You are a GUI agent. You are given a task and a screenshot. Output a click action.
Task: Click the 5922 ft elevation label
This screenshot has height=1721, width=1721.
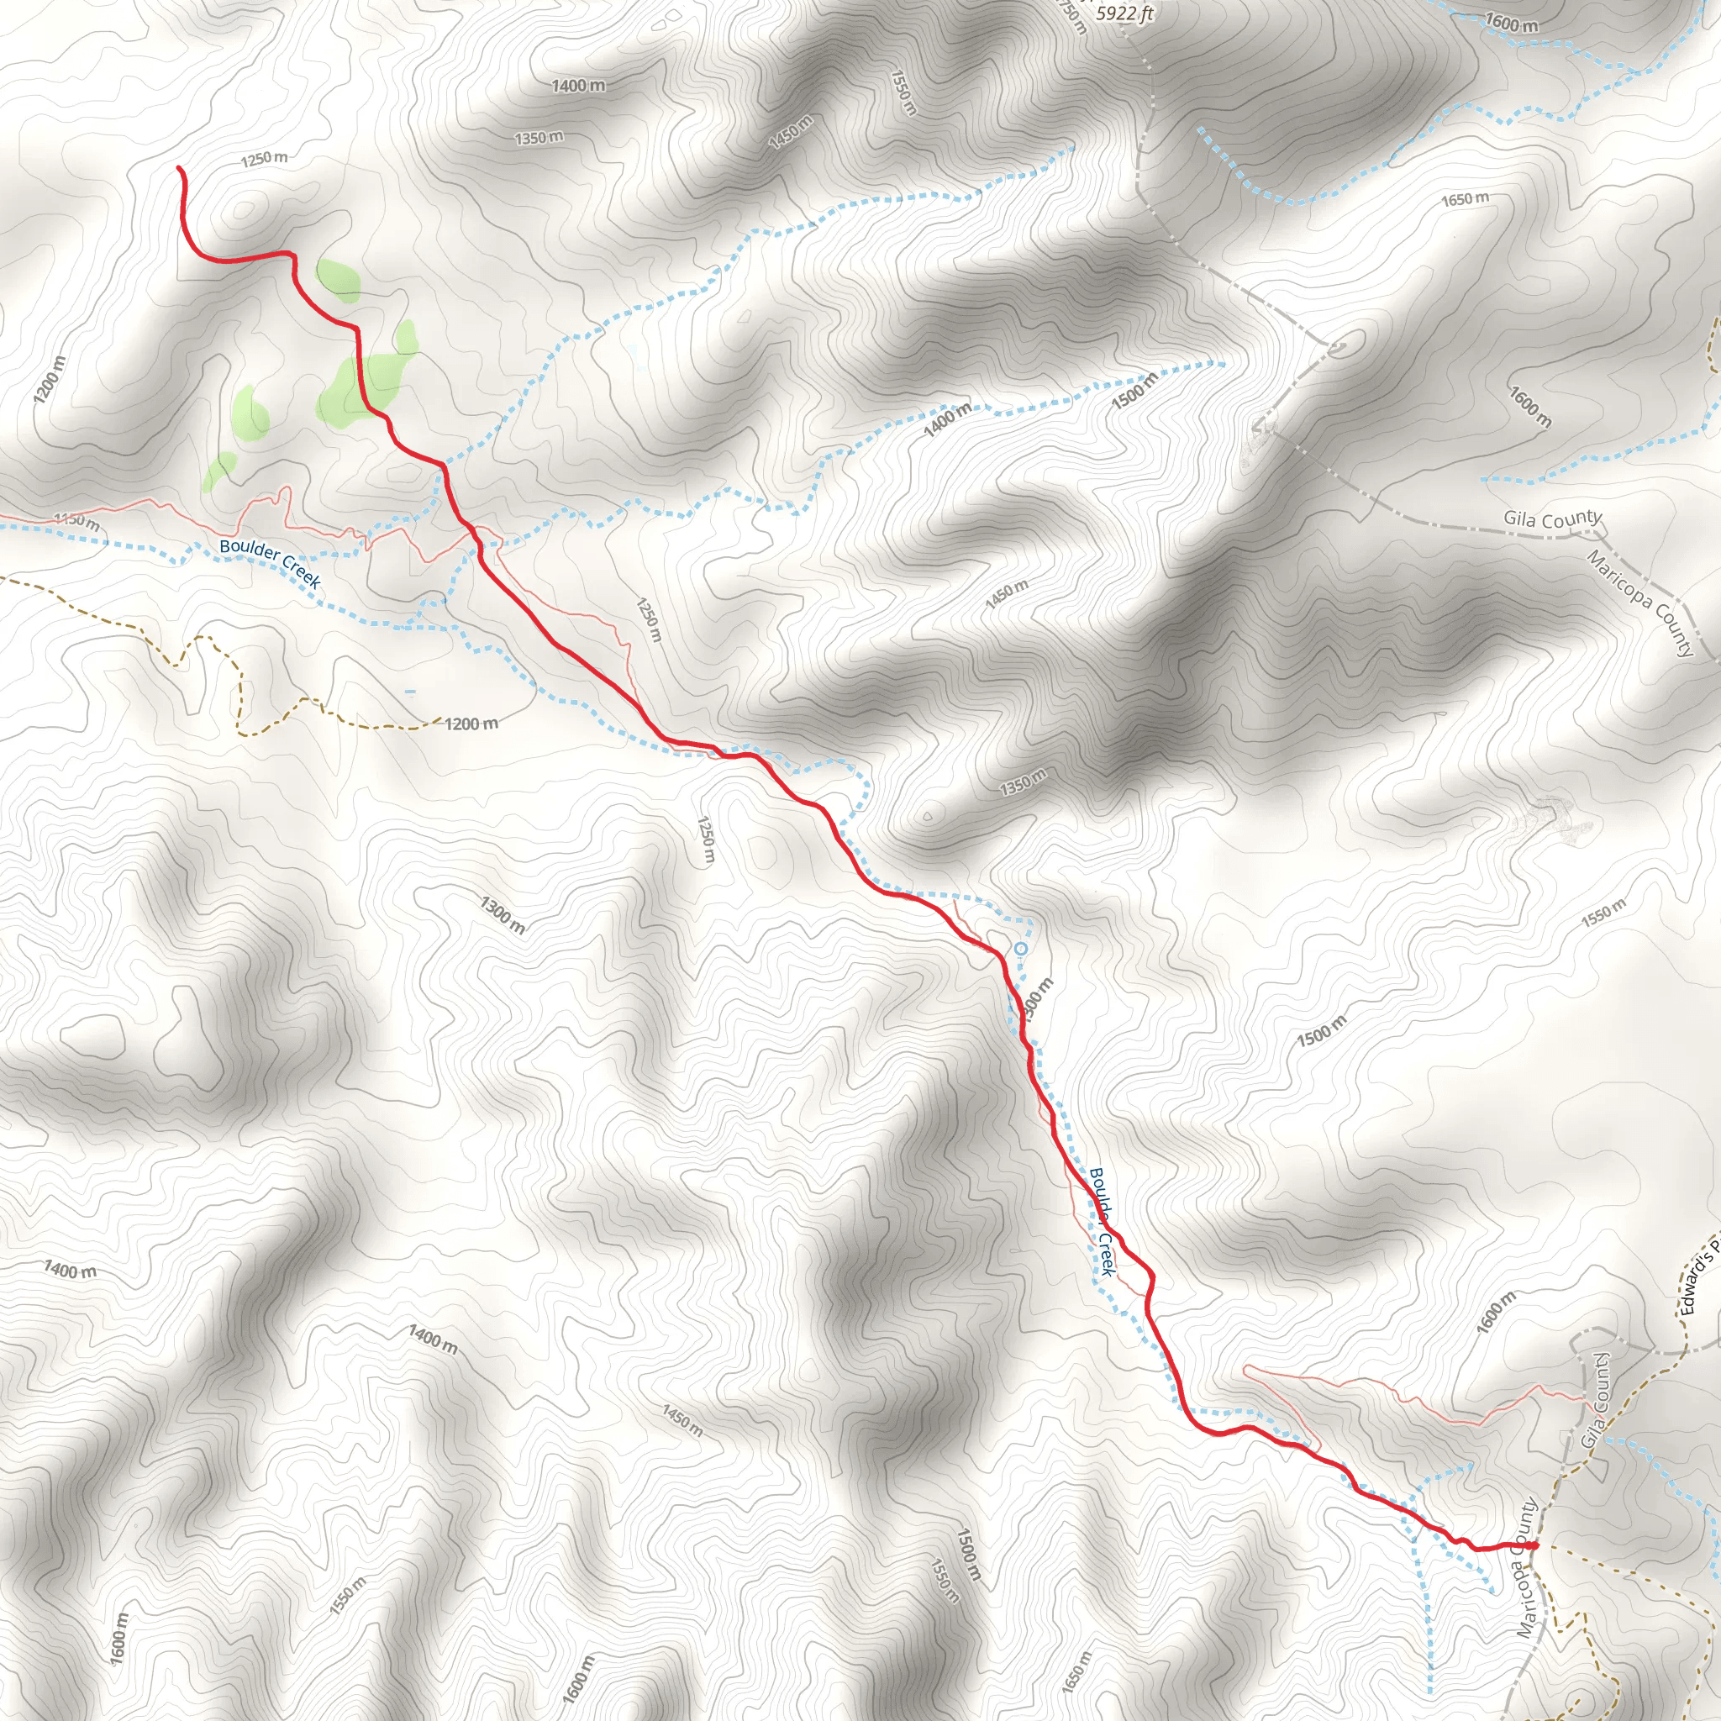(x=1124, y=13)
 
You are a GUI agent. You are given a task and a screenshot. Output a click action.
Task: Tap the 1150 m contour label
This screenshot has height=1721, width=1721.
(x=76, y=520)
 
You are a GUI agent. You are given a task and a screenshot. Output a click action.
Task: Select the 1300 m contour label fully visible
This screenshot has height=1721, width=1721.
(x=503, y=916)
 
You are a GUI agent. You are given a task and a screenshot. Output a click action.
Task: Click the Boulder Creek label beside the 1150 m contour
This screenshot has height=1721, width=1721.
(x=270, y=563)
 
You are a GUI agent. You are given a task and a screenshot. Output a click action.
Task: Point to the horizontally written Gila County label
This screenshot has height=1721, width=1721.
(x=1553, y=518)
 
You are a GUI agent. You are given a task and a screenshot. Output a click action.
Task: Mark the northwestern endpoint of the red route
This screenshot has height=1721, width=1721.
(x=179, y=167)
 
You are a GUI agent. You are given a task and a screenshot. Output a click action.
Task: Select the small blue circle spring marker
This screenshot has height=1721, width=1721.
(x=1021, y=950)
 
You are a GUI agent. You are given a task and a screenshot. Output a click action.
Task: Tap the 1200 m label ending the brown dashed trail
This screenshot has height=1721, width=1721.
(x=471, y=724)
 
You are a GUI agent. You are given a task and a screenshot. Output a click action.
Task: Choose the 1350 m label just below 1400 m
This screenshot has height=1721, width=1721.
(x=539, y=138)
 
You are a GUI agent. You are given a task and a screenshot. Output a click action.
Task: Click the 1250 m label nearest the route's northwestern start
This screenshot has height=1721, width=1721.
(x=265, y=159)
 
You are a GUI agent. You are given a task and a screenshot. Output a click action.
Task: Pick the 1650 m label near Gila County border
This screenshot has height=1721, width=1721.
(x=1465, y=198)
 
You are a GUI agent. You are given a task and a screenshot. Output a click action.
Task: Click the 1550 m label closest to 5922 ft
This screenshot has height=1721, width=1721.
(x=903, y=92)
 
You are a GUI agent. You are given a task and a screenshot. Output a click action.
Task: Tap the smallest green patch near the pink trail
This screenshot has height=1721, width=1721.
(x=218, y=470)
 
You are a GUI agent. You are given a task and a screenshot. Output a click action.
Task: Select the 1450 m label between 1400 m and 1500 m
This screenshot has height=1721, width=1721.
(x=1007, y=594)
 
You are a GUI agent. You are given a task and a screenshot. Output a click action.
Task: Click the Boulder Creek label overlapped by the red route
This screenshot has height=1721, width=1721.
(x=1102, y=1221)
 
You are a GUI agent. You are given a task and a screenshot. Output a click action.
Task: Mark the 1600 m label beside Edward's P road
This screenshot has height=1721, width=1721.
(x=1496, y=1312)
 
